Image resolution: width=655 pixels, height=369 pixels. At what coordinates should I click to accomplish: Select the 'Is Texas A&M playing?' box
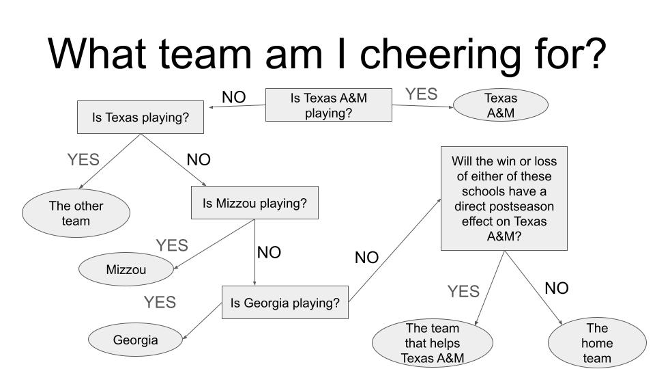click(328, 105)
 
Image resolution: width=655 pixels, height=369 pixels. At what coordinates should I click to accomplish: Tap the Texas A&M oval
click(500, 105)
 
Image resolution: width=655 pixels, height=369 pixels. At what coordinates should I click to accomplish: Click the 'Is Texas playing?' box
click(141, 118)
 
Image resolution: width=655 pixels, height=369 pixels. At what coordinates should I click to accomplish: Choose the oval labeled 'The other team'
click(76, 213)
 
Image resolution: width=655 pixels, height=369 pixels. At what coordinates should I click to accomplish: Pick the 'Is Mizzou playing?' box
click(254, 203)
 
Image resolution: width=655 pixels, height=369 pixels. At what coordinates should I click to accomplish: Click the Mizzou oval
click(126, 269)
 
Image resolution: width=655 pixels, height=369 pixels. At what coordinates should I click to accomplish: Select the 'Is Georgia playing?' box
click(285, 303)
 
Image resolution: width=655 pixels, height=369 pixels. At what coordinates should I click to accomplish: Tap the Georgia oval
click(135, 340)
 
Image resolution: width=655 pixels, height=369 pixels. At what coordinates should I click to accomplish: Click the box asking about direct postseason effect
click(504, 198)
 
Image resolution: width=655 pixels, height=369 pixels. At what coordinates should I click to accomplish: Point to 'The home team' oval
click(596, 342)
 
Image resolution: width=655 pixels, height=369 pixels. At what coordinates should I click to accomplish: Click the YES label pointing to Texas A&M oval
click(421, 94)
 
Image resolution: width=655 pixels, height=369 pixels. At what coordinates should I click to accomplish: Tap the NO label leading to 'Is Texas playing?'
click(233, 97)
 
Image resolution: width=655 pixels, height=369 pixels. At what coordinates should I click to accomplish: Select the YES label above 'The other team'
click(83, 160)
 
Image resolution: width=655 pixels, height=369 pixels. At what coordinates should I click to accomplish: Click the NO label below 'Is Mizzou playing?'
click(269, 253)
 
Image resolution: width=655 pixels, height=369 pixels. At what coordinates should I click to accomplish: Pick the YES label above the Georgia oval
click(159, 302)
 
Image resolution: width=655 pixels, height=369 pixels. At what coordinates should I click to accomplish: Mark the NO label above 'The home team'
click(556, 288)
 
